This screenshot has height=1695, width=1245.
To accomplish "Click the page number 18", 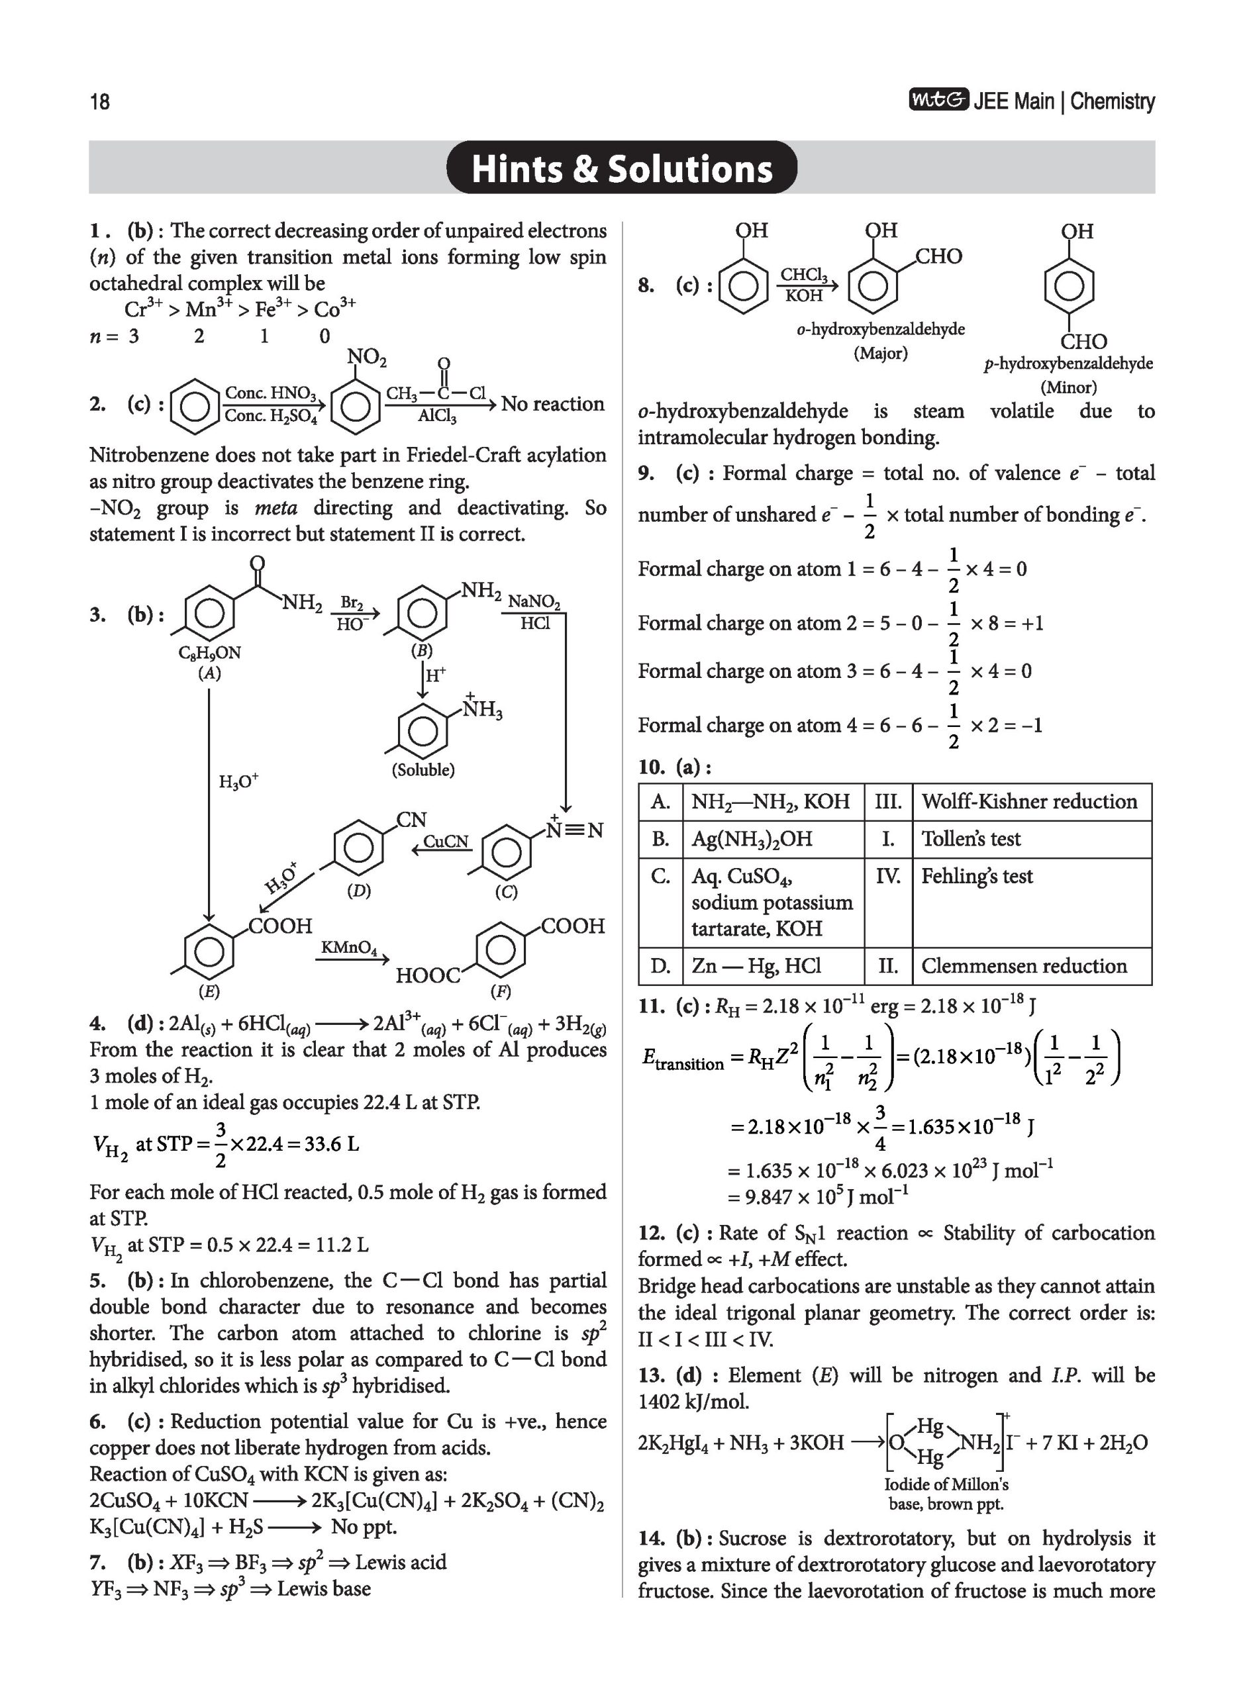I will click(99, 102).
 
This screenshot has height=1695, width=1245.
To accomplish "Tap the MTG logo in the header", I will click(938, 100).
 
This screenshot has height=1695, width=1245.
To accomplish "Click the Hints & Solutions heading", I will click(622, 169).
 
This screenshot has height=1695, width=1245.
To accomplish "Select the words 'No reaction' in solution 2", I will click(552, 405).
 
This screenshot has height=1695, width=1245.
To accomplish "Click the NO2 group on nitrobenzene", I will click(367, 356).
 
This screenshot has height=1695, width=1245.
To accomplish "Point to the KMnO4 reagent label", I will click(349, 947).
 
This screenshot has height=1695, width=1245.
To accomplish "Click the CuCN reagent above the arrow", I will click(446, 842).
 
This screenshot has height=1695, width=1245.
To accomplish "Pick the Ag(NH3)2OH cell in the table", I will click(752, 839).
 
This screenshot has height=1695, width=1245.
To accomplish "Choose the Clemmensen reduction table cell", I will click(1023, 966).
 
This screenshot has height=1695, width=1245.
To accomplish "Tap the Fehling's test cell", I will click(977, 876).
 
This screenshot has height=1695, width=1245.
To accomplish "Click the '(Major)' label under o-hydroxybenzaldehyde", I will click(880, 354).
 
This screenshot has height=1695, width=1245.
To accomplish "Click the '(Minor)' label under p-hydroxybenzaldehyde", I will click(1068, 388).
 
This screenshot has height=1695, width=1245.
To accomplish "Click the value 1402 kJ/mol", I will click(693, 1402).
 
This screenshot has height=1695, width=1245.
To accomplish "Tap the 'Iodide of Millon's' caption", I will click(946, 1485).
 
